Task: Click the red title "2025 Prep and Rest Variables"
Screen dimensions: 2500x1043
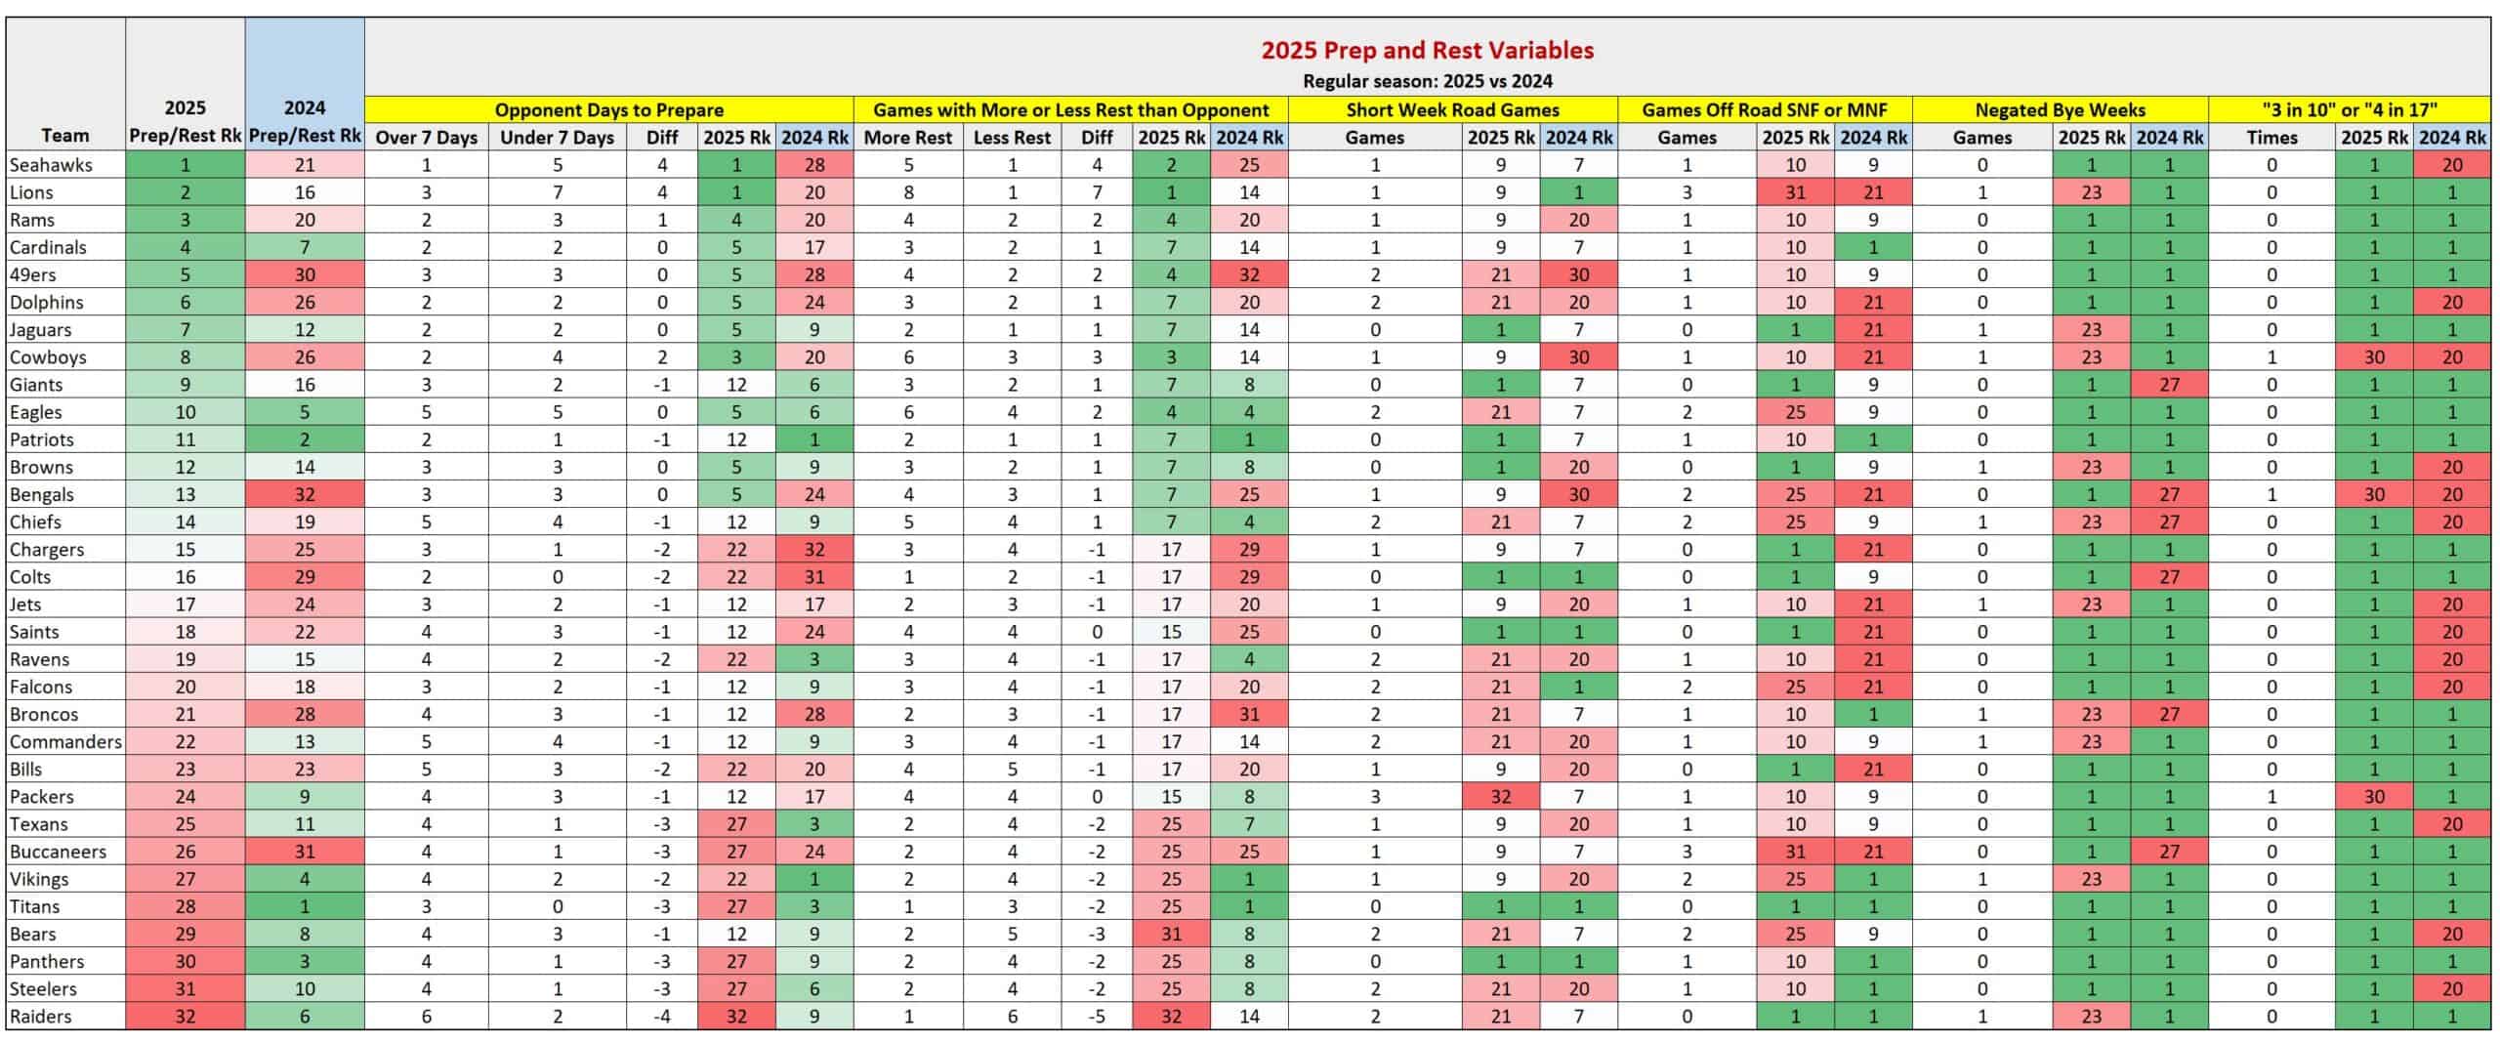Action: (x=1428, y=50)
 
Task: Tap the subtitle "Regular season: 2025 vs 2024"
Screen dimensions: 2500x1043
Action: (x=1428, y=81)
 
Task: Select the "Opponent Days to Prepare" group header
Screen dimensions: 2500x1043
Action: (x=609, y=110)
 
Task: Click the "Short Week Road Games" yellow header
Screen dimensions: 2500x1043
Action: (x=1452, y=110)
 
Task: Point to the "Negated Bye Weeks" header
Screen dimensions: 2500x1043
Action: (x=2060, y=110)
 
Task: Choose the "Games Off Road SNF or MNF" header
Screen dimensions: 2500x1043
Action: (x=1765, y=110)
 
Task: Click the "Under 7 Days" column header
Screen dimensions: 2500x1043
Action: (x=557, y=138)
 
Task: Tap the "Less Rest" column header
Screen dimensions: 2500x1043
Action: (x=1012, y=138)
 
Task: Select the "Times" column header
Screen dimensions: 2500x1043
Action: (x=2271, y=138)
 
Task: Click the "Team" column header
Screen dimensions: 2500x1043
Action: (x=65, y=136)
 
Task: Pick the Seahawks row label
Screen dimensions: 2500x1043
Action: (x=51, y=165)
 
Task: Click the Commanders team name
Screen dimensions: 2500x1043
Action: (x=65, y=742)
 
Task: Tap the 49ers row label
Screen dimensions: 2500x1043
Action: (x=33, y=275)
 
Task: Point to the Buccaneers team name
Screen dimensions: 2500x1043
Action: (x=58, y=852)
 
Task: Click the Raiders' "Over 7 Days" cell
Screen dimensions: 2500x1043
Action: (x=427, y=1017)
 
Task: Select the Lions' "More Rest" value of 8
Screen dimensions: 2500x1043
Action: (x=908, y=192)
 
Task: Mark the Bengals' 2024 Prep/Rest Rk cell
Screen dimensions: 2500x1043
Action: (x=305, y=495)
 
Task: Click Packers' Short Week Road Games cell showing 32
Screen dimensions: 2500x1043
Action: (x=1501, y=797)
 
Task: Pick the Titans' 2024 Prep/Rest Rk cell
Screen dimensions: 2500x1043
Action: (x=305, y=907)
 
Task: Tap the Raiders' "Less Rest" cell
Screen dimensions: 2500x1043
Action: (x=1012, y=1017)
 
